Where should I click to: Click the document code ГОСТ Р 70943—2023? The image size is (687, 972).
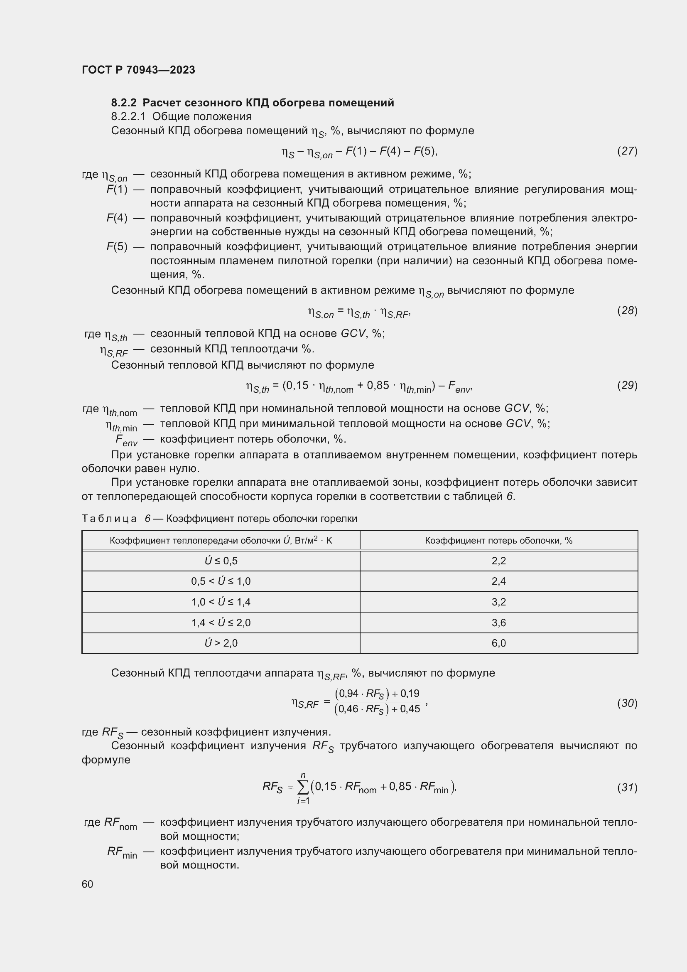point(138,70)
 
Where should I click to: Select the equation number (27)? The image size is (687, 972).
point(627,151)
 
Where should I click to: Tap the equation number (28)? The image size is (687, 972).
point(627,310)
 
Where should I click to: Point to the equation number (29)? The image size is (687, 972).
point(627,385)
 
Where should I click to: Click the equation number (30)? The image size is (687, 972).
point(627,703)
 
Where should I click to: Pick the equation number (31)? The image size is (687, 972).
point(627,787)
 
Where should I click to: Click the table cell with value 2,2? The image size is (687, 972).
point(498,561)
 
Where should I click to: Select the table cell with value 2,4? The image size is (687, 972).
point(498,581)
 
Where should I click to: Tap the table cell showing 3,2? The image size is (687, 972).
point(498,602)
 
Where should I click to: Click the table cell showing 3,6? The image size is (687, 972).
point(498,623)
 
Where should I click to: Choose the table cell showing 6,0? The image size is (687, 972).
point(498,643)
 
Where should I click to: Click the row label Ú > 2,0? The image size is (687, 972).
point(221,643)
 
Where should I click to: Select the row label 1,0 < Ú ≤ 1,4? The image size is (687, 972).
point(221,602)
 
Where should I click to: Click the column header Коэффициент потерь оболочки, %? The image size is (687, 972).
point(498,541)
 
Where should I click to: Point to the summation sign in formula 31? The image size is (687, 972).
point(303,787)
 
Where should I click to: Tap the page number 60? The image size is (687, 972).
point(87,884)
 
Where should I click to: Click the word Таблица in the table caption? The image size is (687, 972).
point(109,519)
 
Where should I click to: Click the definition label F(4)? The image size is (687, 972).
point(117,218)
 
